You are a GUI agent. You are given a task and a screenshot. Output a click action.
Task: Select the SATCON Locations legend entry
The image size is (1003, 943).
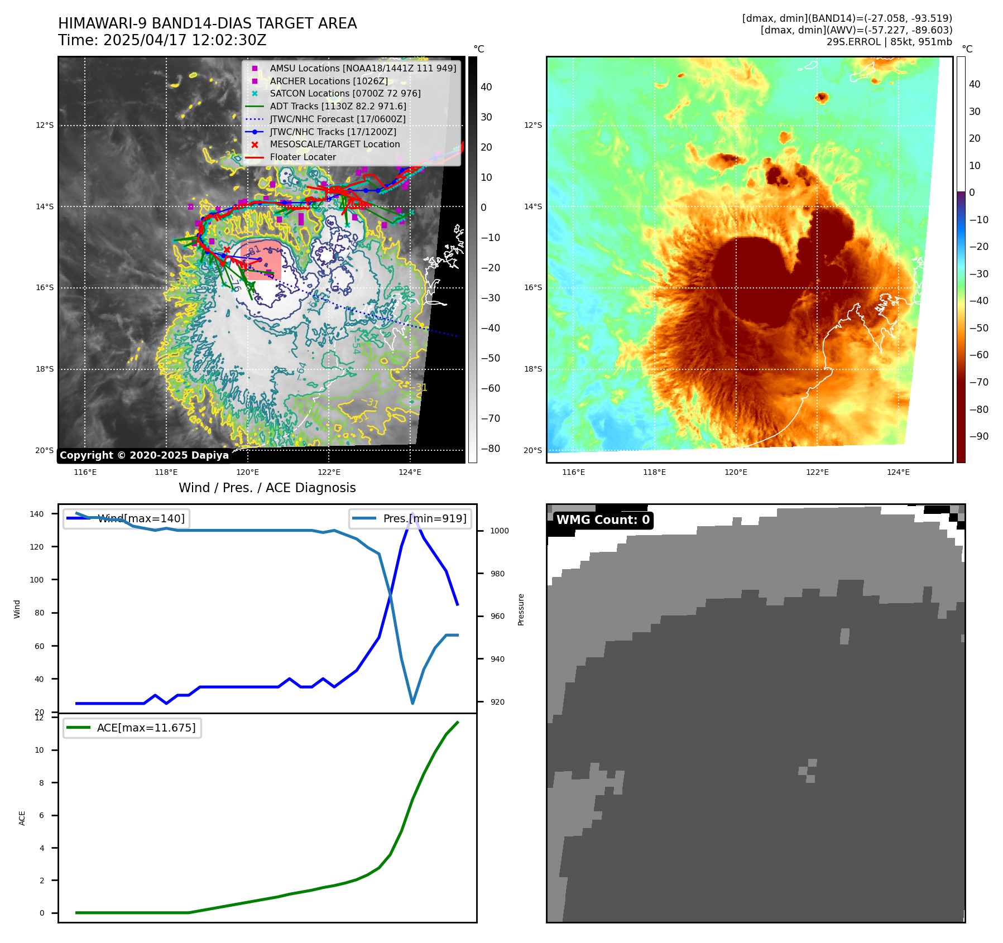[345, 93]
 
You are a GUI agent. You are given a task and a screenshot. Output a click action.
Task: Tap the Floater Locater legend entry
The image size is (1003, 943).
[303, 157]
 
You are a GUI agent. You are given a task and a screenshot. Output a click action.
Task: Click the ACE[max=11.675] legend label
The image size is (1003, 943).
[146, 728]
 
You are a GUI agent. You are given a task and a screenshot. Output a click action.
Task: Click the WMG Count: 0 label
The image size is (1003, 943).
[603, 520]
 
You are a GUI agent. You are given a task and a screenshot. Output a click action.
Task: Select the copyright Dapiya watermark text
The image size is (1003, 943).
[144, 455]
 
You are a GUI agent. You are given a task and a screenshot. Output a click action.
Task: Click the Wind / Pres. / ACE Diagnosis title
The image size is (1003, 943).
[267, 488]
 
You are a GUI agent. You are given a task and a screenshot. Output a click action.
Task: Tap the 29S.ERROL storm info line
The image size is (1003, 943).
[889, 42]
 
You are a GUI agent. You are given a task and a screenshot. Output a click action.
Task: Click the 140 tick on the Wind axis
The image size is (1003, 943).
[36, 514]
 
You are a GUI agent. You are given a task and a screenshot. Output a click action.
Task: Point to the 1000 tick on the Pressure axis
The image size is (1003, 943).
[500, 531]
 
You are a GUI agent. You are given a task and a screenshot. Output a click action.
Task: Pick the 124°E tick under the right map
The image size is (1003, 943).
[898, 472]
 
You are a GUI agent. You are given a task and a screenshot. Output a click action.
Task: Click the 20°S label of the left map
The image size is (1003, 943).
[45, 450]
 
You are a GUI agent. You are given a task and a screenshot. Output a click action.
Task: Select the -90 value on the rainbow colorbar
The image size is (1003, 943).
[978, 436]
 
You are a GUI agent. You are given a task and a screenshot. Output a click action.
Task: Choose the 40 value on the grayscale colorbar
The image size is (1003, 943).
[486, 87]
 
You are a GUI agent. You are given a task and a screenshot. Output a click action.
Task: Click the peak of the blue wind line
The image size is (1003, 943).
[412, 514]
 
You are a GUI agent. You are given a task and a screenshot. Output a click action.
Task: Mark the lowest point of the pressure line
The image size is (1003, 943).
[412, 703]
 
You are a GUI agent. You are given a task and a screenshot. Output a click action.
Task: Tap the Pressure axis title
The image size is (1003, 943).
[521, 609]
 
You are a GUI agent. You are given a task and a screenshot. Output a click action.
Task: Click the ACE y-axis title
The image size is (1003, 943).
[22, 818]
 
